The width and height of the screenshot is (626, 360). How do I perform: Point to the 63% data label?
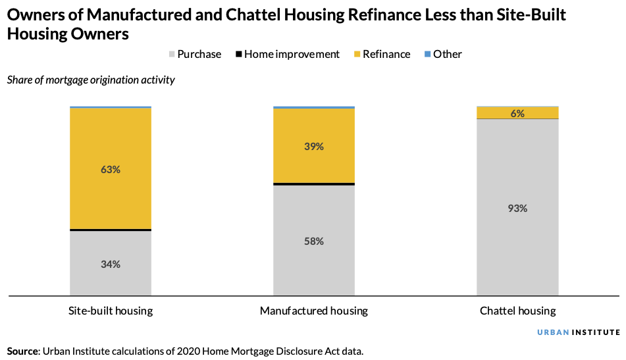[111, 170]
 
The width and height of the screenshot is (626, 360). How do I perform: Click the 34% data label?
[111, 265]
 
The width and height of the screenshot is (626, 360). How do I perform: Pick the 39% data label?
[314, 147]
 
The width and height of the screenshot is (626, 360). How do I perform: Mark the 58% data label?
[314, 242]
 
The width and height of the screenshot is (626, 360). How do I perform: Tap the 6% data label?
[517, 113]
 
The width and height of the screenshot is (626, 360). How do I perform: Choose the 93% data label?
[517, 209]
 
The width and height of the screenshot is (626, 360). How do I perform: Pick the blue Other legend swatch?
[427, 55]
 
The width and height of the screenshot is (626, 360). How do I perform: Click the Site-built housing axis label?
[111, 311]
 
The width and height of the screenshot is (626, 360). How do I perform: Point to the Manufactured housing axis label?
[314, 311]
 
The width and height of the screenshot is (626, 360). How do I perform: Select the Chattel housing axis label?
[517, 311]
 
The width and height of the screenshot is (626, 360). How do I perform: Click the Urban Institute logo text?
[578, 332]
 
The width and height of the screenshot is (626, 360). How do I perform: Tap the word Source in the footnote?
[22, 351]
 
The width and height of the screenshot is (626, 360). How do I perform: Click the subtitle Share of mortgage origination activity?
[91, 80]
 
